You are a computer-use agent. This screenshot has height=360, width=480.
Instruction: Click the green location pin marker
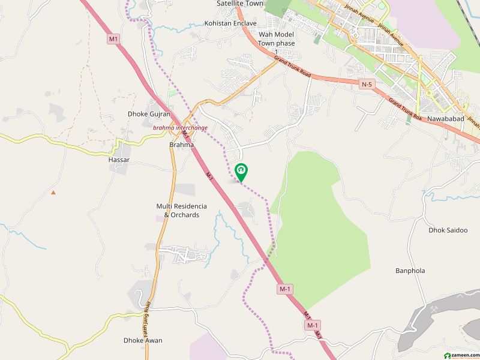point(241,172)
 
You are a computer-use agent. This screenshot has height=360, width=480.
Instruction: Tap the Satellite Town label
point(240,4)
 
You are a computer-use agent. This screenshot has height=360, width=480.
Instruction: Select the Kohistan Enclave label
point(230,23)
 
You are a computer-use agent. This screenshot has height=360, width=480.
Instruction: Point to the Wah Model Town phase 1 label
point(277,43)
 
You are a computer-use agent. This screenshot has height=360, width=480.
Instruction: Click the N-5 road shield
point(367,85)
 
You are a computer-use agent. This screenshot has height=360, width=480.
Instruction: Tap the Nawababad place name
point(447,119)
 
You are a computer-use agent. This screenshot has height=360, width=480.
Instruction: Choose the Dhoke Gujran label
point(149,114)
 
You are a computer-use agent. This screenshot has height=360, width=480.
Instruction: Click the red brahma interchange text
point(180,128)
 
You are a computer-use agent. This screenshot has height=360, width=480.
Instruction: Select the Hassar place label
point(119,161)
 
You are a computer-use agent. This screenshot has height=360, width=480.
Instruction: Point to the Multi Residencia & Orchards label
point(178,211)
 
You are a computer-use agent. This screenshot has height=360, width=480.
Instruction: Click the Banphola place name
point(410,271)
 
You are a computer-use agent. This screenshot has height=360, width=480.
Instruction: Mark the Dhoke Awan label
point(143,340)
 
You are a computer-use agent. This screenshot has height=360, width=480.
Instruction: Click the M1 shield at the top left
point(114,39)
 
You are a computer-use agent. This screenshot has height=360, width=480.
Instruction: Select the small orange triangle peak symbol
point(53,193)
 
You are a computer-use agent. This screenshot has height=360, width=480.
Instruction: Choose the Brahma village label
point(181,145)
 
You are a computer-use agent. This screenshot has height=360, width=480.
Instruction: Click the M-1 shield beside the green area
point(285,289)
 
